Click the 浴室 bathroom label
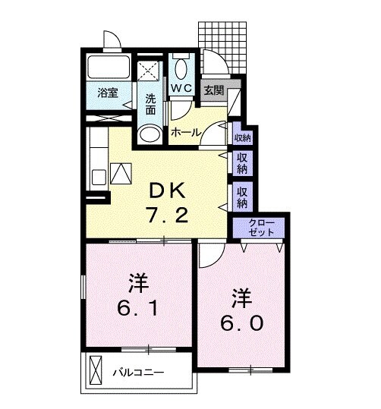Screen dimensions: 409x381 click(x=109, y=93)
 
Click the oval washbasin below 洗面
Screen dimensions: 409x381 click(x=150, y=134)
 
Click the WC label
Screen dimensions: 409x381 click(x=181, y=89)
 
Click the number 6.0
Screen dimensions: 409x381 click(x=243, y=322)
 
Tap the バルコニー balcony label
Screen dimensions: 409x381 click(x=139, y=373)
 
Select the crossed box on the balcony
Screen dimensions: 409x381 click(x=96, y=372)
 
